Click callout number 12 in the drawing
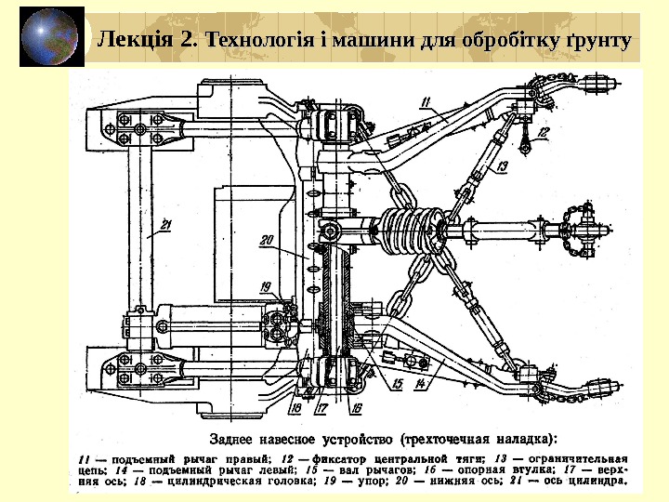coord(543,132)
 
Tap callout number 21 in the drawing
coord(166,223)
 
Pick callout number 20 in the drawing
coord(268,240)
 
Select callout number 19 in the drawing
coord(266,286)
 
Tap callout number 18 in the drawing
coord(295,406)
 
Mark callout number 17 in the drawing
coord(321,406)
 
